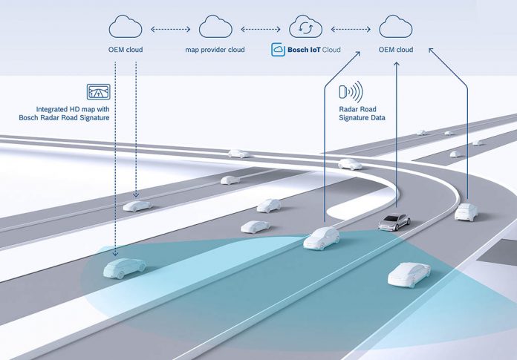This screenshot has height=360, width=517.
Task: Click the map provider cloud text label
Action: coord(215,50)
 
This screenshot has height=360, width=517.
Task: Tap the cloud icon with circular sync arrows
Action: coord(305,26)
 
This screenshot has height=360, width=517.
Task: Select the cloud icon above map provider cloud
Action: coord(215,26)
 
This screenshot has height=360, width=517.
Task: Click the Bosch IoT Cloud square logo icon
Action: coord(278,50)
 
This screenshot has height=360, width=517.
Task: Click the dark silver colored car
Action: coord(394,222)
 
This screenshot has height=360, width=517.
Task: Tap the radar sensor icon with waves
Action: coord(351,91)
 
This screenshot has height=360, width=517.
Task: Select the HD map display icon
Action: coord(99,91)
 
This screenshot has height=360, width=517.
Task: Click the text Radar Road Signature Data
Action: coord(362,114)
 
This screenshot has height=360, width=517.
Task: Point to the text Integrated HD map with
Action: coord(73,109)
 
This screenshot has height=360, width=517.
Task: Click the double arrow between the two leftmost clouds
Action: coord(170,29)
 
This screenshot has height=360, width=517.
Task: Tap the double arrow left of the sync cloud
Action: coord(261,29)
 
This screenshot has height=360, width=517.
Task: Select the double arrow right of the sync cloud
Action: coord(351,29)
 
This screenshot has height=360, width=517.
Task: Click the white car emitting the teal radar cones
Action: coord(321,238)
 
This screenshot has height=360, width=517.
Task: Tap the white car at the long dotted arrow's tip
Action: coord(124,268)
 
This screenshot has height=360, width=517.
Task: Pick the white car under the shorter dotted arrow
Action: coord(137,206)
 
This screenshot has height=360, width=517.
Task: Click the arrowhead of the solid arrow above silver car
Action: coord(397,64)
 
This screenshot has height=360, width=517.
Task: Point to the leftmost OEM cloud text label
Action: coord(126,50)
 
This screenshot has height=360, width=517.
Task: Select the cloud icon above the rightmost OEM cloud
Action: coord(396,26)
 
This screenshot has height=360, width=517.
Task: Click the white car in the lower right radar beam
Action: coord(409,275)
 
